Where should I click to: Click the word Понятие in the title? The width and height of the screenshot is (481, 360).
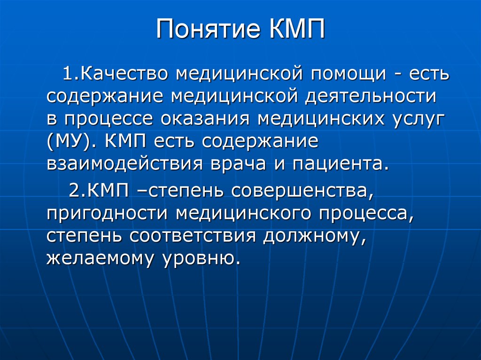[x=208, y=29]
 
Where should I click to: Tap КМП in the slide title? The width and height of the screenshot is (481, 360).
[x=297, y=29]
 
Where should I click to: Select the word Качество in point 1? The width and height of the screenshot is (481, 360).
[x=124, y=74]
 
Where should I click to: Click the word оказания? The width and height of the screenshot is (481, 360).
[x=205, y=119]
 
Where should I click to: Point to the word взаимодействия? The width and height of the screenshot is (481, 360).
[x=124, y=163]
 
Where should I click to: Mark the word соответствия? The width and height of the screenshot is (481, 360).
[x=193, y=236]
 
